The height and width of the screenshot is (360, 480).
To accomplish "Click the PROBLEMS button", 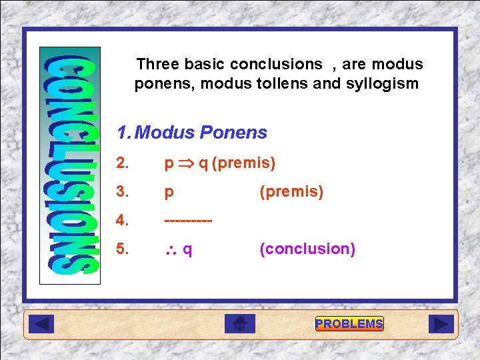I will click(x=349, y=324).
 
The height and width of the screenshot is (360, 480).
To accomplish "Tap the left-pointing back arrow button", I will click(x=41, y=324).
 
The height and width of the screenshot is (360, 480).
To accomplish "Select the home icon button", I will click(x=240, y=324).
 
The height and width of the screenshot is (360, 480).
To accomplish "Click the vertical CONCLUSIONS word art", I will click(x=71, y=165).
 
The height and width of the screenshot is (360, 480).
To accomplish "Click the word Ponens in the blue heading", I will click(x=233, y=133).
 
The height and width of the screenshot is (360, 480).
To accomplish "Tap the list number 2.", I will click(x=123, y=163).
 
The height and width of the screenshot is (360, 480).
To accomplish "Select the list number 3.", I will click(x=123, y=192).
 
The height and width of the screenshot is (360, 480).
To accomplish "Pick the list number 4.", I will click(x=123, y=220).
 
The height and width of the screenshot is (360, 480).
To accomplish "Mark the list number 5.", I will click(x=123, y=249).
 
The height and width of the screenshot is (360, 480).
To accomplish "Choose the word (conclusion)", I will click(x=307, y=249).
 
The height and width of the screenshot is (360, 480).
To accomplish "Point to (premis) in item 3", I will click(x=291, y=192).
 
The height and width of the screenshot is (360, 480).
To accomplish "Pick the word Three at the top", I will click(x=157, y=64).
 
